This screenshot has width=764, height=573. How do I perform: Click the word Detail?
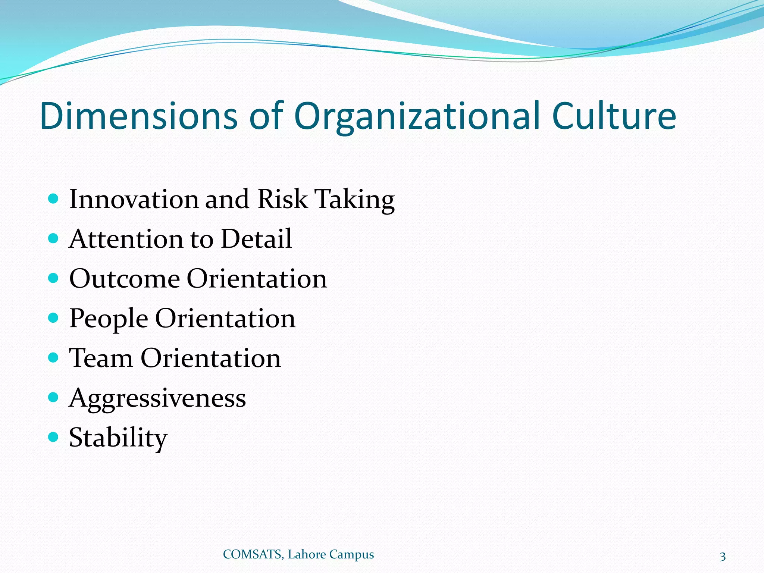[256, 239]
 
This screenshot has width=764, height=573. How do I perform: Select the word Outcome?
[125, 279]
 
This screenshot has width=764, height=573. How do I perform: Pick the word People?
[109, 319]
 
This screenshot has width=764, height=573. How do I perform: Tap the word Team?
[101, 358]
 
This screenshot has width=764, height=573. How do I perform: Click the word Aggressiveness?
[157, 398]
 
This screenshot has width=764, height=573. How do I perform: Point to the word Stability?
[118, 438]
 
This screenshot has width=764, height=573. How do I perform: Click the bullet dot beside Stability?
[54, 437]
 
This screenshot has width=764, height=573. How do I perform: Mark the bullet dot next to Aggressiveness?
[54, 397]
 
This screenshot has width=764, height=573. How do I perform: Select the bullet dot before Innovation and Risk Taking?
[54, 198]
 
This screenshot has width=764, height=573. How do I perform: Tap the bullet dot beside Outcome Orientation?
[54, 278]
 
